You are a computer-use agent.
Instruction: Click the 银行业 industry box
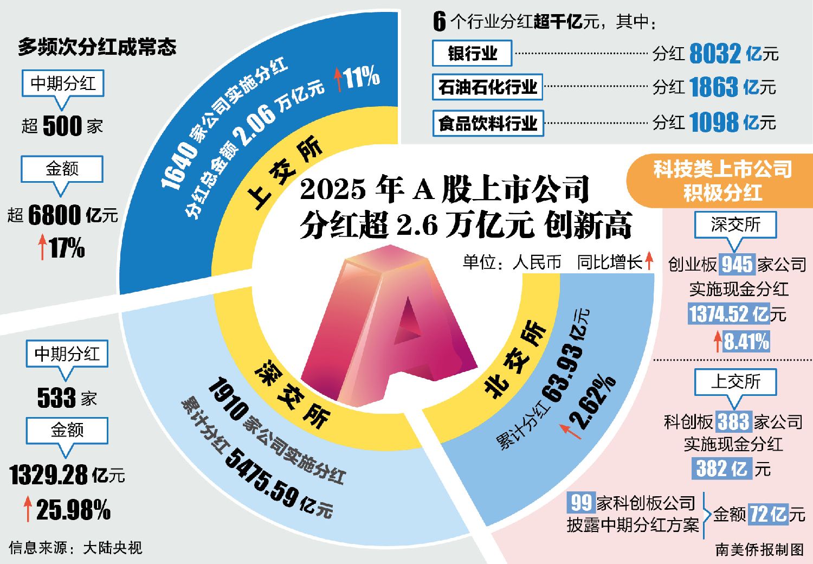click(472, 53)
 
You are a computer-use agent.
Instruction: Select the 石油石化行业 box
click(487, 87)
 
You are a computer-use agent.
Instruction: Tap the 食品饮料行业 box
click(488, 123)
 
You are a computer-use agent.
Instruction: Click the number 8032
click(715, 54)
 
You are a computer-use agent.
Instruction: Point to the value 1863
click(714, 87)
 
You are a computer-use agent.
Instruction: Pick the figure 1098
click(714, 123)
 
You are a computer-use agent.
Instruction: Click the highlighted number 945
click(737, 265)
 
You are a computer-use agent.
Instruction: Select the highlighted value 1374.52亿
click(729, 314)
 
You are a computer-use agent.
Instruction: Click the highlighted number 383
click(733, 421)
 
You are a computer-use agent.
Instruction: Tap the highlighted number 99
click(581, 503)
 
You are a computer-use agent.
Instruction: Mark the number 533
click(56, 398)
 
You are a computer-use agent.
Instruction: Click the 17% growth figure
click(67, 248)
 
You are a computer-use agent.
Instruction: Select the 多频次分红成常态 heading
click(97, 47)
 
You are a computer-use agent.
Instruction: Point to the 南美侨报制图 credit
click(759, 549)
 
